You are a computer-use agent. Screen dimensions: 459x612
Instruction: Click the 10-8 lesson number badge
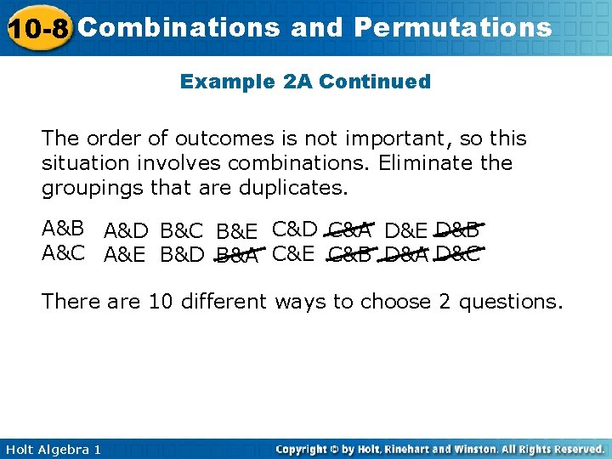(x=38, y=29)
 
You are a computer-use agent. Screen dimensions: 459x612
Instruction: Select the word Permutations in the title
(x=453, y=27)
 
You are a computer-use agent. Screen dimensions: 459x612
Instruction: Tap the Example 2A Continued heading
(x=305, y=82)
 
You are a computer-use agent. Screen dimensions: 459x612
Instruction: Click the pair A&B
(x=63, y=229)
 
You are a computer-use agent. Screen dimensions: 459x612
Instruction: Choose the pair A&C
(x=63, y=252)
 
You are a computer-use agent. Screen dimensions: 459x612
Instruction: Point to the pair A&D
(x=126, y=230)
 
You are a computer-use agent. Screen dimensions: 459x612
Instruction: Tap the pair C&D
(x=294, y=229)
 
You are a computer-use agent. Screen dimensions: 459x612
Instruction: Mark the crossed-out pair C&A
(x=348, y=229)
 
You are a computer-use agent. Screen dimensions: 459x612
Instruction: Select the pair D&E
(x=405, y=230)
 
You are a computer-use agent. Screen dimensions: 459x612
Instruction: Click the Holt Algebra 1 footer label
(x=51, y=449)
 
